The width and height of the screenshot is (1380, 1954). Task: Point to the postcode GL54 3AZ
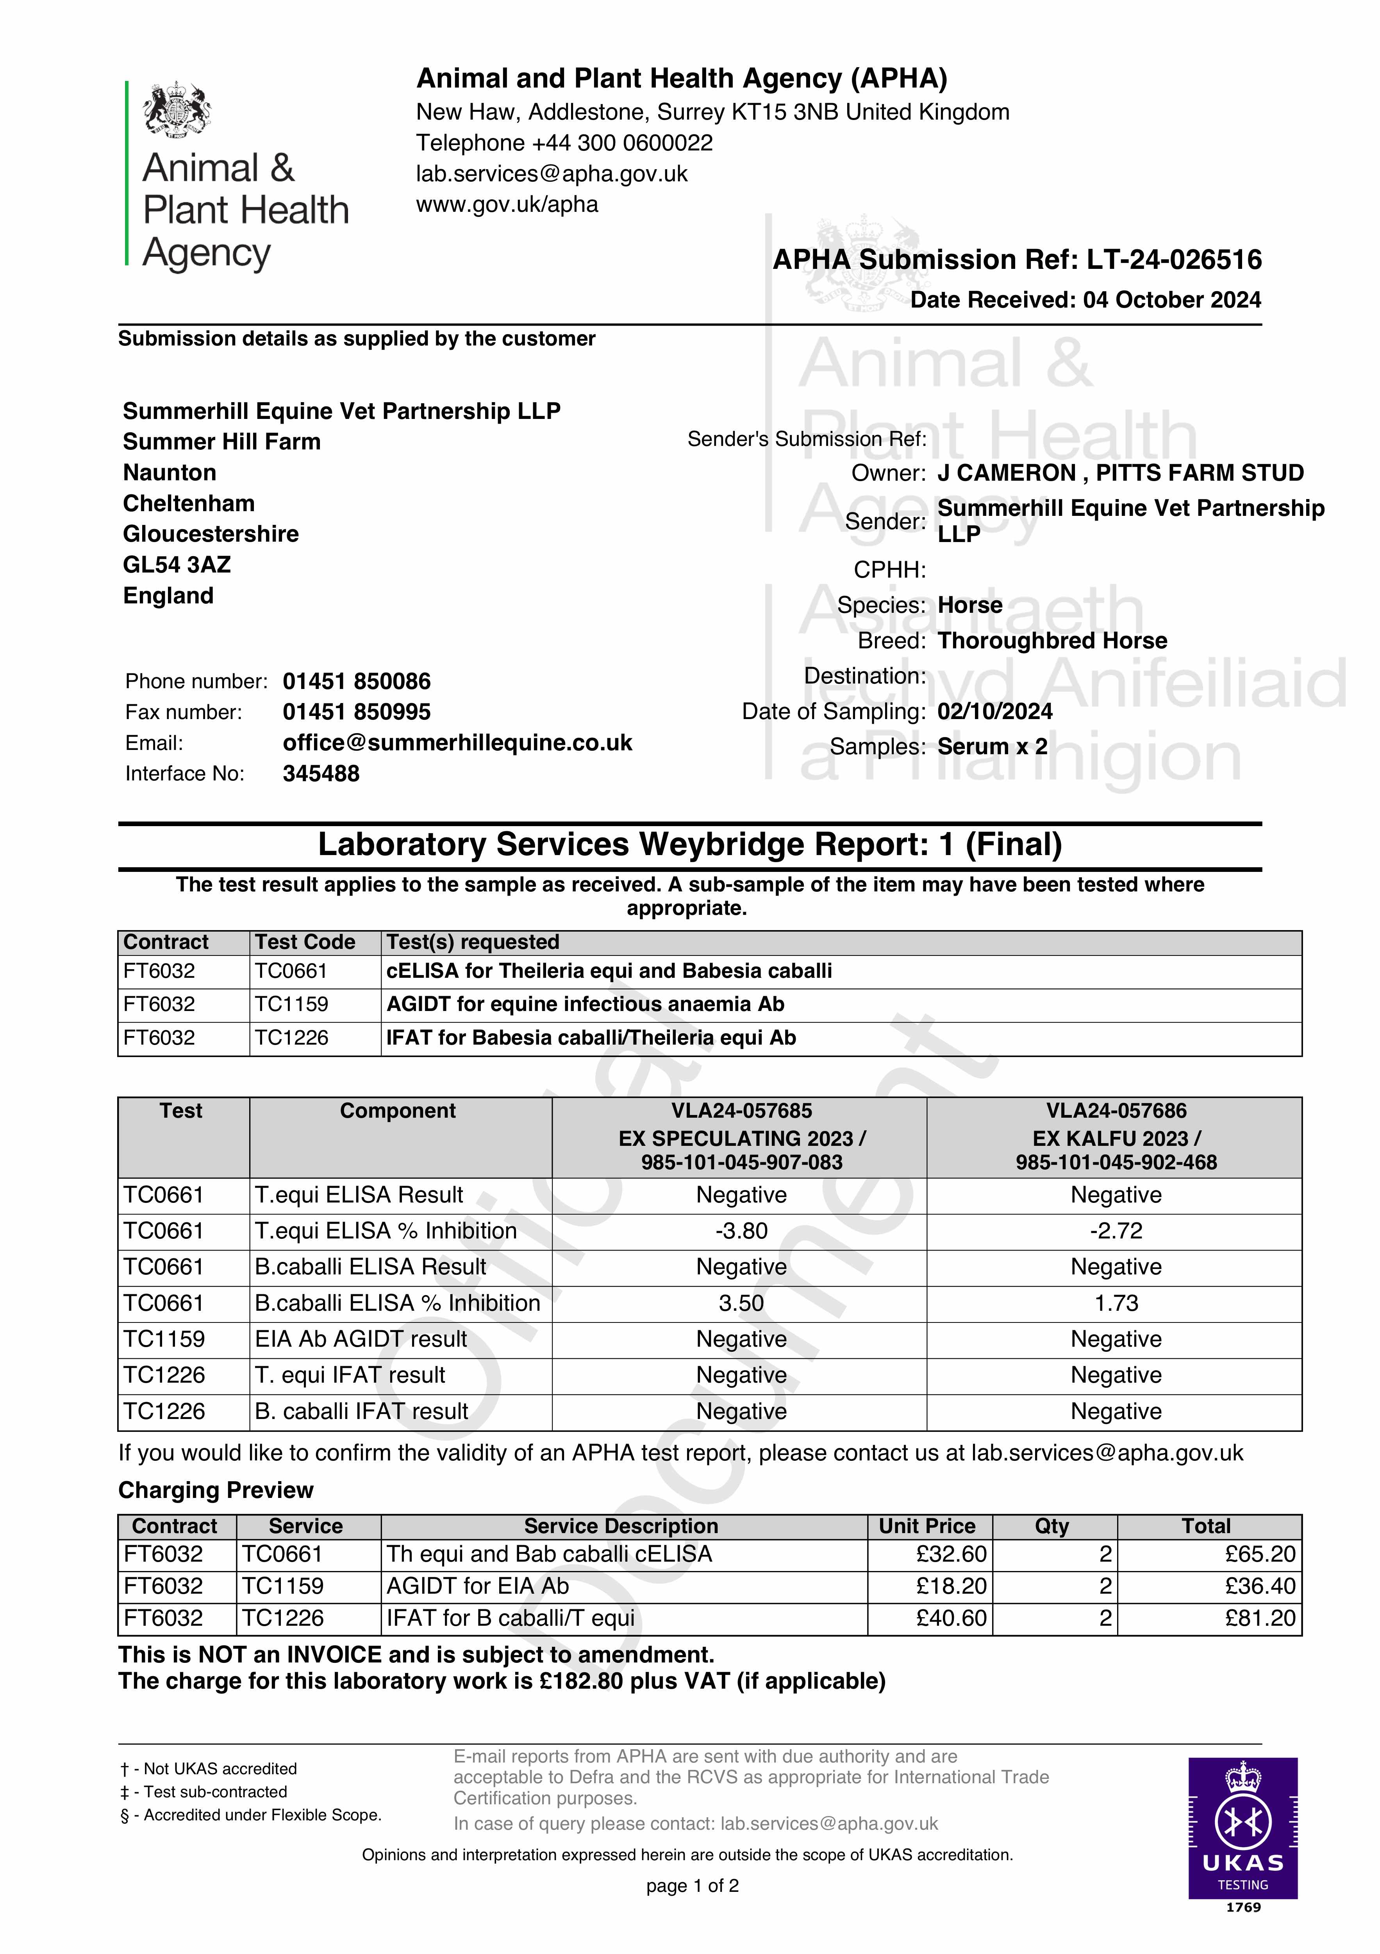pos(177,564)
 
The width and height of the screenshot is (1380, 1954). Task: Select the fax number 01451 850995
pos(357,712)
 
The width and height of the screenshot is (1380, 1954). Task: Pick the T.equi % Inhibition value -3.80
pos(740,1231)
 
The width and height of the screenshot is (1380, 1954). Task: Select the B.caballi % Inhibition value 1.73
pos(1116,1303)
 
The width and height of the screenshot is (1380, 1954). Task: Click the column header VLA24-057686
pos(1116,1111)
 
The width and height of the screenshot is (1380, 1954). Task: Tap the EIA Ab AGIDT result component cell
pos(361,1339)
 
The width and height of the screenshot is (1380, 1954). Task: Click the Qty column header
pos(1052,1525)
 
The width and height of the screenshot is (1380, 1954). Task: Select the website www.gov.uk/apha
pos(507,204)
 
